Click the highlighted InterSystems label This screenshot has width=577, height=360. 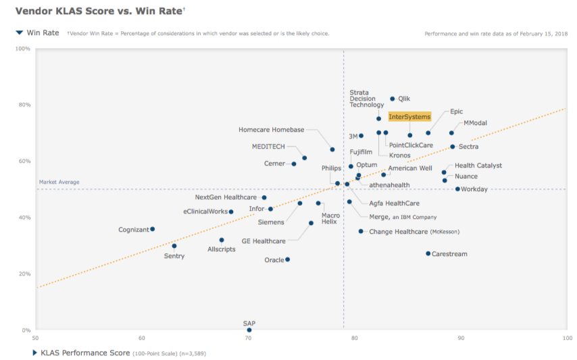[409, 117]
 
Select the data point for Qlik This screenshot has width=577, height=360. [393, 99]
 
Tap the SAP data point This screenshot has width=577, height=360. [249, 330]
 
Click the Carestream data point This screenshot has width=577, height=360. [428, 254]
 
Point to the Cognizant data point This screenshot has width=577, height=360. [153, 229]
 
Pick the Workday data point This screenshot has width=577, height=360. [457, 189]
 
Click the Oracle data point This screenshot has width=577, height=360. [287, 259]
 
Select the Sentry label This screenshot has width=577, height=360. [174, 256]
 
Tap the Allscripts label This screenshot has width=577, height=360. [222, 249]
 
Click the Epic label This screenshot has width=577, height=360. [457, 111]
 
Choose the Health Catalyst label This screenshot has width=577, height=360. [478, 165]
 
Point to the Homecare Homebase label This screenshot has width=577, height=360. [272, 130]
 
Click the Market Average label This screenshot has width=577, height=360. [59, 182]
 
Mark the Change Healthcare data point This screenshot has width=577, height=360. [361, 231]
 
